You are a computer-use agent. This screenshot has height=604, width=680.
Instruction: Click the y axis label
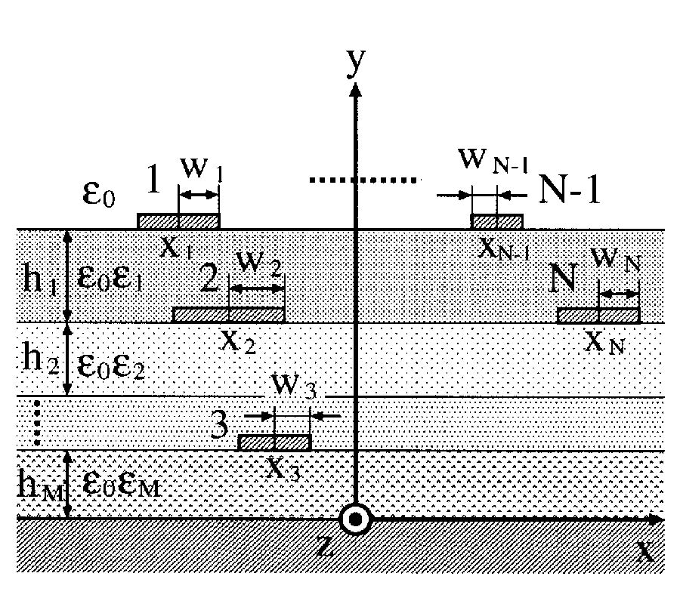pyautogui.click(x=354, y=64)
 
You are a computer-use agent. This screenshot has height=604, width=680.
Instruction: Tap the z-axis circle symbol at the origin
pyautogui.click(x=354, y=519)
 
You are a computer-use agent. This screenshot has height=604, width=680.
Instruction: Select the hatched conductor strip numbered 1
pyautogui.click(x=178, y=221)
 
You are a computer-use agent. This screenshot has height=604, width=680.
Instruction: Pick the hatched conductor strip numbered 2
pyautogui.click(x=229, y=315)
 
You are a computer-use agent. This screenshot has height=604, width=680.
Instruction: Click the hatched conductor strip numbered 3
pyautogui.click(x=274, y=442)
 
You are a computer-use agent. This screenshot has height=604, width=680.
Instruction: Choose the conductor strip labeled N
pyautogui.click(x=598, y=316)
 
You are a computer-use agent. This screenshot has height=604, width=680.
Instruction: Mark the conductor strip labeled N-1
pyautogui.click(x=496, y=221)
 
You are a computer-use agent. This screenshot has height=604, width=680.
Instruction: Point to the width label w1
pyautogui.click(x=199, y=172)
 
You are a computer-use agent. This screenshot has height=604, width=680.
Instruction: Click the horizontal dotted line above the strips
pyautogui.click(x=363, y=180)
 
